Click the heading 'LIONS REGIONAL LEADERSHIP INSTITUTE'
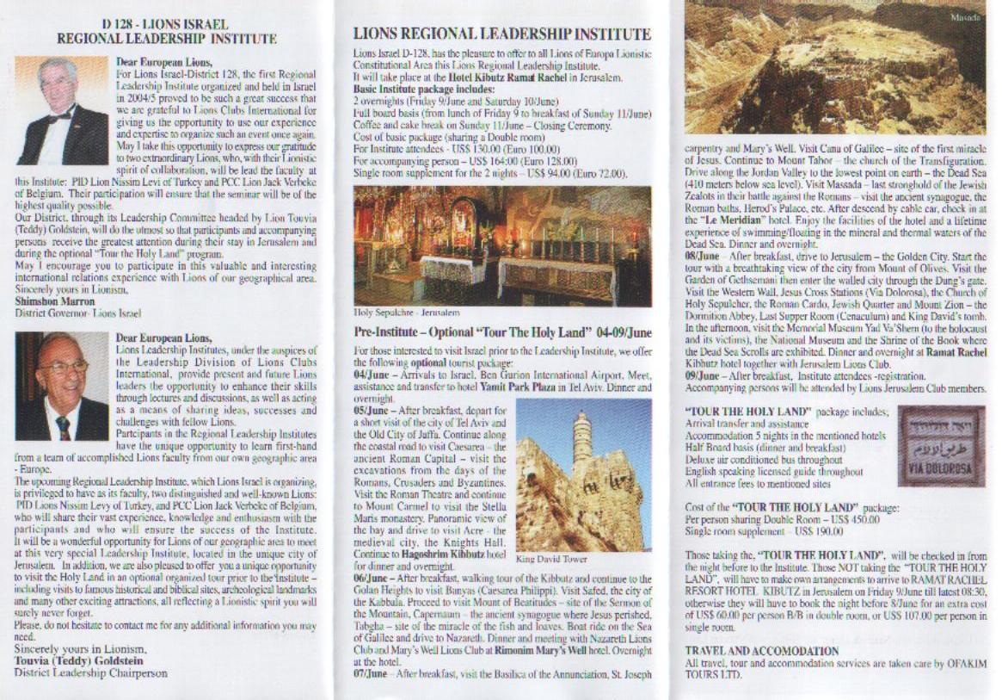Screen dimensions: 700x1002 tap(501, 34)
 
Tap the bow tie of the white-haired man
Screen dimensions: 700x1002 tap(59, 116)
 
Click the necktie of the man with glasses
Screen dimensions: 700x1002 tap(64, 427)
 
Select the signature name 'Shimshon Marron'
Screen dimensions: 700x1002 tap(52, 302)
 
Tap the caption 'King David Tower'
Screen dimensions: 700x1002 tap(551, 559)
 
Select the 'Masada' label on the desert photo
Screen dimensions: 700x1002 tap(965, 16)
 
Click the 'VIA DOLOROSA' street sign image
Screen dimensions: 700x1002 tap(940, 447)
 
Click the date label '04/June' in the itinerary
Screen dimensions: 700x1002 tap(371, 376)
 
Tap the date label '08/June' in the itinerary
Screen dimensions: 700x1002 tap(702, 255)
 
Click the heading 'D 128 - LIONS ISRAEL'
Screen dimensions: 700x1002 tap(166, 26)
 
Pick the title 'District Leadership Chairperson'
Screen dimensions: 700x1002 tap(91, 672)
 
